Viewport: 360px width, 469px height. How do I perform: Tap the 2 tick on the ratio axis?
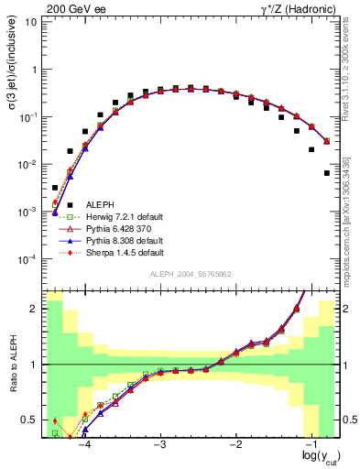[x=35, y=309]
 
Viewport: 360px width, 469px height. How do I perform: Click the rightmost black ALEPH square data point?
[x=326, y=172]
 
